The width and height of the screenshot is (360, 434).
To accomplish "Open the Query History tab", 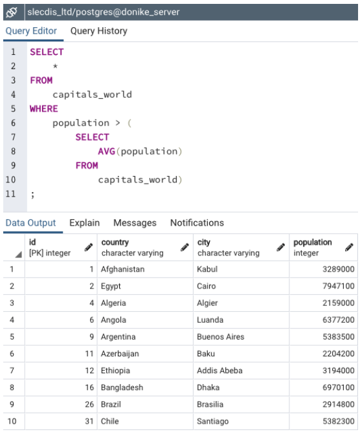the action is pos(99,31).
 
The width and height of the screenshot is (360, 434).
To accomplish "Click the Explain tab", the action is pos(85,222).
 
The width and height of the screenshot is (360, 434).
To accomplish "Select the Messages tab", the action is pos(135,222).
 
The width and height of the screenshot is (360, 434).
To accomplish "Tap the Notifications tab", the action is pos(197,222).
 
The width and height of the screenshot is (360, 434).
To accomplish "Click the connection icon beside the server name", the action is pos(12,12).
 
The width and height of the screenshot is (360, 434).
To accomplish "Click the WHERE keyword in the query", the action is pos(44,109).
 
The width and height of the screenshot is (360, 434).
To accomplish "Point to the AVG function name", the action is pos(106,151).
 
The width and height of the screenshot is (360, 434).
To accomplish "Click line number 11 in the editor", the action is pos(10,194).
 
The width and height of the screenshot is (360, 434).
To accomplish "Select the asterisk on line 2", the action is pos(55,66).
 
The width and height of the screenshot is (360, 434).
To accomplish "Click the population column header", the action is pos(312,243).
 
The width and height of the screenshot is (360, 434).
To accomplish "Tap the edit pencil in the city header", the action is pos(280,247).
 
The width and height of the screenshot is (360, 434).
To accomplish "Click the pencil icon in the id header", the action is pos(89,247).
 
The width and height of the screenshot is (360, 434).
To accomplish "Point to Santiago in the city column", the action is pos(212,421).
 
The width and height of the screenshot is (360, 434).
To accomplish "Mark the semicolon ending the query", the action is pos(33,195).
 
